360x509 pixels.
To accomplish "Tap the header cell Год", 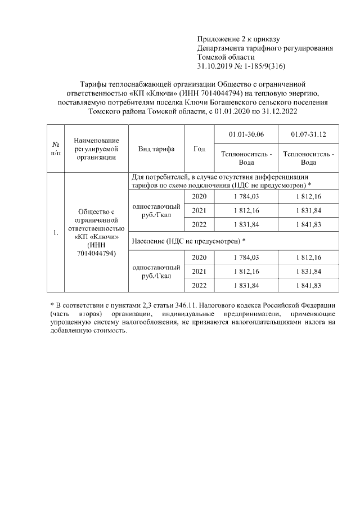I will pos(199,149).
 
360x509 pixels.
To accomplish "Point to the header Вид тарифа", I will pos(156,149).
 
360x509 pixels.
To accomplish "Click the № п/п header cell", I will pos(56,149).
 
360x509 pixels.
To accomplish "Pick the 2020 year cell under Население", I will pos(199,257).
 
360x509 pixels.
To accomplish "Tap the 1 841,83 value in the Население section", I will pos(308,285).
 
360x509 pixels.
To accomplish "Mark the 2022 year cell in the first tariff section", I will pos(199,224).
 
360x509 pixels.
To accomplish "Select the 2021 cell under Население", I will pos(199,271).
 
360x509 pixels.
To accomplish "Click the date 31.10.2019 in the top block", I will pos(214,66).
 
